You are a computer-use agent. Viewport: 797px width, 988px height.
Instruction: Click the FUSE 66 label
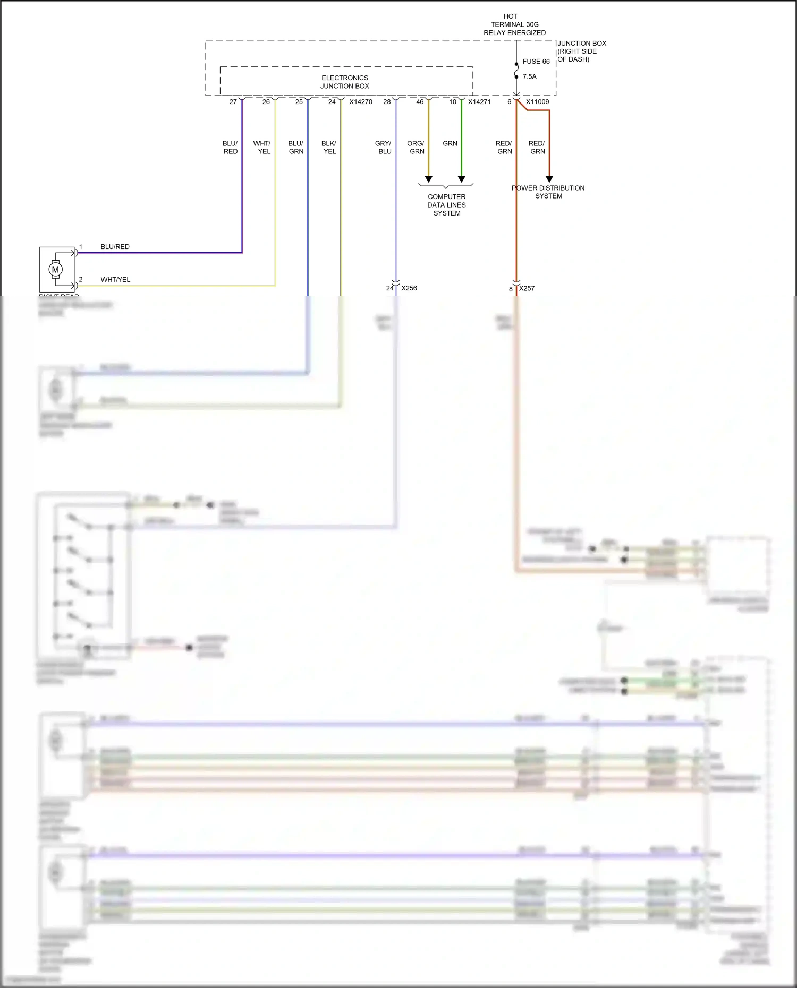pos(536,62)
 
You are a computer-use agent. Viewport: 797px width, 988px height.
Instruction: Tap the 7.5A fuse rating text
pos(529,76)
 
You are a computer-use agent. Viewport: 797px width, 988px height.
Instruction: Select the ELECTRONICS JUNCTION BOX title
pos(345,82)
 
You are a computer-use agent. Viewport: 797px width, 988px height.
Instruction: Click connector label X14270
pos(361,102)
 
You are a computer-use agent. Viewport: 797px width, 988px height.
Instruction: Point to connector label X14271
pos(479,102)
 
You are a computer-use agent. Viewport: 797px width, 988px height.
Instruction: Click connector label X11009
pos(537,102)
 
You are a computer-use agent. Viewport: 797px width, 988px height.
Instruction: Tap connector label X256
pos(409,288)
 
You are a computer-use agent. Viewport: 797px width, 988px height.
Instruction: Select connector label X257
pos(527,288)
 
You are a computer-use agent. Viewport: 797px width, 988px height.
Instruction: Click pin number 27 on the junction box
pos(233,102)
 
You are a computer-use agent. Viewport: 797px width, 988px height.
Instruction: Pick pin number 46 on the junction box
pos(420,102)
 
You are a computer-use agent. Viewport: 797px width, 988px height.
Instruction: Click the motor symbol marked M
pos(55,270)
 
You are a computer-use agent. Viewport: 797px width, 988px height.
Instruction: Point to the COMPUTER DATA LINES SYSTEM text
pos(447,205)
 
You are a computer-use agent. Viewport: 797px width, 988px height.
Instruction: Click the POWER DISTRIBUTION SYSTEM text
pos(548,192)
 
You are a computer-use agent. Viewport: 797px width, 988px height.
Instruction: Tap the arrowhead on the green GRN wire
pos(462,179)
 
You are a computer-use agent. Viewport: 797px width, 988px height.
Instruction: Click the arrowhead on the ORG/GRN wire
pos(429,179)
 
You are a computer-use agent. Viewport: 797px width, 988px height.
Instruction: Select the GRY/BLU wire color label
pos(383,147)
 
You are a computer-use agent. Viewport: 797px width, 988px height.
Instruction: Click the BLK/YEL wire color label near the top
pos(329,147)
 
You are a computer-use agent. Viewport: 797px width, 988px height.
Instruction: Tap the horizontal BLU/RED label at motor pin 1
pos(115,247)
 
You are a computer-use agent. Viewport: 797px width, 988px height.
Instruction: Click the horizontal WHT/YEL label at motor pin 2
pos(115,280)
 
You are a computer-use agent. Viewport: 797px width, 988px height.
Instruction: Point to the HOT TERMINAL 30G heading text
pos(514,24)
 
